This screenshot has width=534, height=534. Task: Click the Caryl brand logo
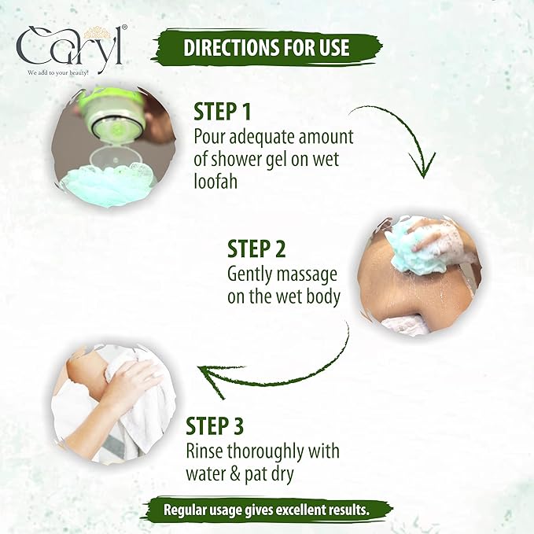(x=71, y=48)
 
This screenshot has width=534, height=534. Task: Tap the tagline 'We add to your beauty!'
(x=58, y=72)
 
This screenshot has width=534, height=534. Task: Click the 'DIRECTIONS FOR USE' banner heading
(x=267, y=47)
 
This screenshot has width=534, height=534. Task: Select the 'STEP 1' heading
(x=223, y=112)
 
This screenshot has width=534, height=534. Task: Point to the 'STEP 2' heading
(x=256, y=249)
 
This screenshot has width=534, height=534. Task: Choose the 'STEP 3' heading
(x=215, y=425)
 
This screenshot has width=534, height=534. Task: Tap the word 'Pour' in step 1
(x=209, y=137)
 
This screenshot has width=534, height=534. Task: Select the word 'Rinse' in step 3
(x=205, y=451)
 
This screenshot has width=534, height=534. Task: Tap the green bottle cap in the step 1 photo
(x=112, y=112)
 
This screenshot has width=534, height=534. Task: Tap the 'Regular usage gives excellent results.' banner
(x=267, y=510)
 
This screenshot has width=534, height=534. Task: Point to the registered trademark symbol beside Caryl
(x=124, y=28)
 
